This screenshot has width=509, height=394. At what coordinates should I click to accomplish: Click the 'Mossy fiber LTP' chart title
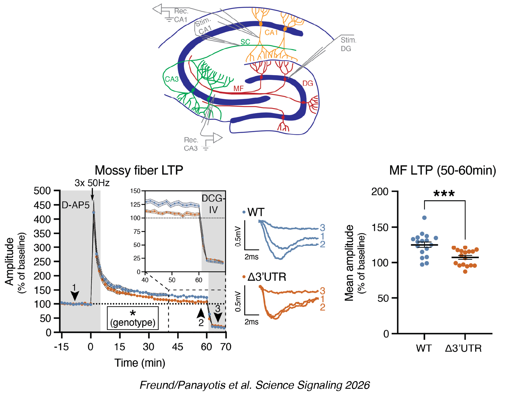point(139,170)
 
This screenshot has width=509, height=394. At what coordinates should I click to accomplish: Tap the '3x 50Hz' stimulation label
point(92,183)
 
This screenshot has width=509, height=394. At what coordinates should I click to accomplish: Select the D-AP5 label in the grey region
point(76,205)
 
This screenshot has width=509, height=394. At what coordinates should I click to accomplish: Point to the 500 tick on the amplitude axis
point(42,191)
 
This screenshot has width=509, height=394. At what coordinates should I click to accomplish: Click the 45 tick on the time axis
point(177,347)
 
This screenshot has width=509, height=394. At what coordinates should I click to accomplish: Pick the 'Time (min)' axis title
point(140,363)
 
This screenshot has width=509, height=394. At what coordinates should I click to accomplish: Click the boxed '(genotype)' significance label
point(133,322)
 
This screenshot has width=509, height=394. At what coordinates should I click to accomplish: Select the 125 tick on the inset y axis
point(135,205)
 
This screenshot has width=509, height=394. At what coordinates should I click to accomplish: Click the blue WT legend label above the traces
point(256,212)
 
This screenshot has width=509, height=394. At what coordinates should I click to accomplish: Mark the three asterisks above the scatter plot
point(444,193)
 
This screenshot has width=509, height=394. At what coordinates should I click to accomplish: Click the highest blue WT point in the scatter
point(424,218)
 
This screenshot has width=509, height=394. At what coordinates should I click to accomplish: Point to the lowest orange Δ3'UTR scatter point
point(465,272)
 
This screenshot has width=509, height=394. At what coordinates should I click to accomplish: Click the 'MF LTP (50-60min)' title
point(442,170)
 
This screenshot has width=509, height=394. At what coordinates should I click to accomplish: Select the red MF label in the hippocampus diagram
point(238,89)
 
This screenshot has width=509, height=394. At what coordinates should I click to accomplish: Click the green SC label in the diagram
point(245,42)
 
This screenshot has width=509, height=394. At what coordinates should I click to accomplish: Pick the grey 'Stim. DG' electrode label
point(348,44)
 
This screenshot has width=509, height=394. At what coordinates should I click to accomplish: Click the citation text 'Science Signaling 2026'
point(313,385)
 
